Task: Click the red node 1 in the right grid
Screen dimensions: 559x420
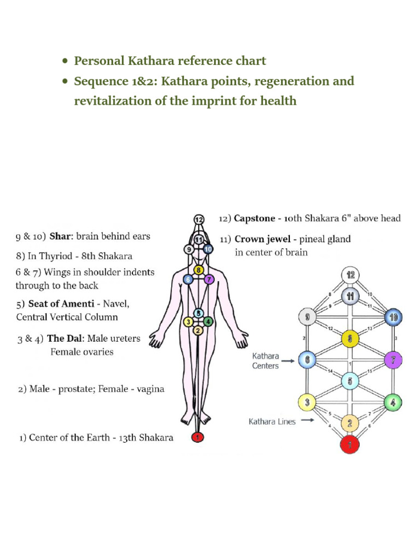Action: click(349, 444)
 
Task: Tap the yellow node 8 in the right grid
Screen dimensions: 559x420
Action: click(349, 338)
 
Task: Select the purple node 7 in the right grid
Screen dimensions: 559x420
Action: click(393, 360)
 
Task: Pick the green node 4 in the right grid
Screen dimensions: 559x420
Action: click(393, 403)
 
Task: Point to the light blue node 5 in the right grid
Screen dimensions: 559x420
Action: click(349, 380)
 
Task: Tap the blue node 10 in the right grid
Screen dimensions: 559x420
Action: click(393, 317)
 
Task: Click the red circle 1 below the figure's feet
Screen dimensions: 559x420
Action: click(198, 437)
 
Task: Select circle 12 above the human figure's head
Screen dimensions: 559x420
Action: click(199, 219)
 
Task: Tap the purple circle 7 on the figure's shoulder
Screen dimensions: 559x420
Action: click(208, 279)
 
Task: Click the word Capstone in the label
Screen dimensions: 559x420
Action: click(254, 218)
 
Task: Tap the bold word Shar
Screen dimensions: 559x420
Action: click(61, 237)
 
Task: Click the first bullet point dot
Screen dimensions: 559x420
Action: click(65, 61)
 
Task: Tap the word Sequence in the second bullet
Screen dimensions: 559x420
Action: click(101, 81)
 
